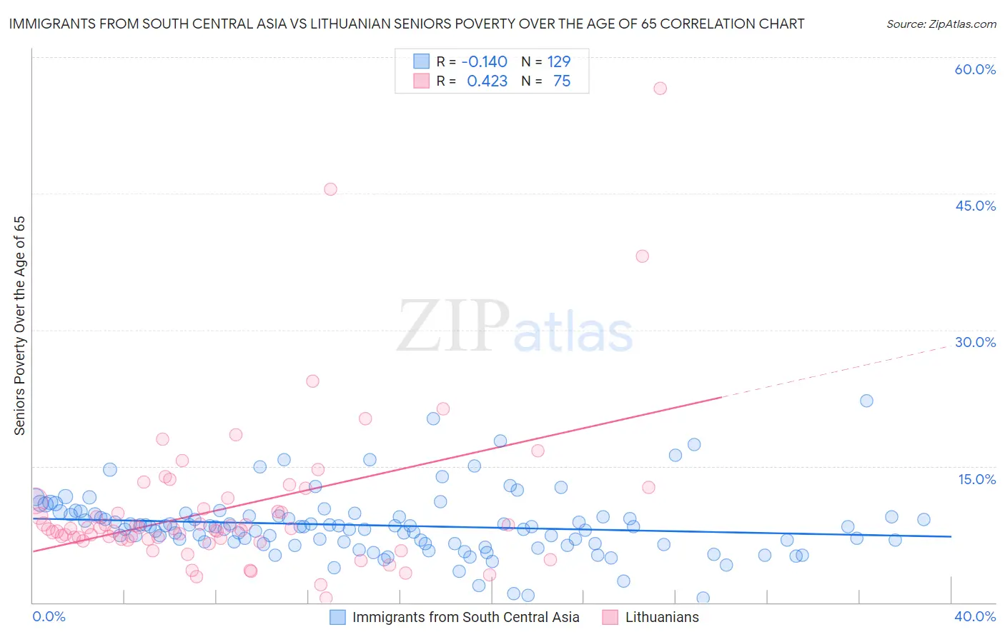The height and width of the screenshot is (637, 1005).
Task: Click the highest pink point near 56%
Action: tap(660, 89)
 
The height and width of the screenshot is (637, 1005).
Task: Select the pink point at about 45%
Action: tap(330, 189)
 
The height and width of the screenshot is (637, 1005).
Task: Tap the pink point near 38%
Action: tap(642, 256)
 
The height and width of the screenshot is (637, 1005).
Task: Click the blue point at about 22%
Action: tap(866, 401)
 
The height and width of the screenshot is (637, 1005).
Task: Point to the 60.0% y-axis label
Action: tap(975, 69)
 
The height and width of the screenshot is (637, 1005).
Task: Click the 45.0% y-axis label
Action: tap(975, 206)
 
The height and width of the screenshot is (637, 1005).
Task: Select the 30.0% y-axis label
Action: tap(975, 342)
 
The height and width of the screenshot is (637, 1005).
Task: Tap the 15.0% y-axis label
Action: tap(976, 479)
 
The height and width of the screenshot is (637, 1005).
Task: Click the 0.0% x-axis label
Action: tap(49, 616)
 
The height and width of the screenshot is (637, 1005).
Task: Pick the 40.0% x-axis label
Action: tap(975, 616)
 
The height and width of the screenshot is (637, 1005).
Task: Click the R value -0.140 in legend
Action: tap(484, 62)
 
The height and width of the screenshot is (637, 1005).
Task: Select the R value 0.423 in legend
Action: tap(487, 81)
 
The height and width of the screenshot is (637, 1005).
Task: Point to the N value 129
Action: tap(558, 62)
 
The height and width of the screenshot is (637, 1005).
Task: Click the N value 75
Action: tap(562, 81)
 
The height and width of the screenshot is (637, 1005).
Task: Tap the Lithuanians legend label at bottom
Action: tap(662, 617)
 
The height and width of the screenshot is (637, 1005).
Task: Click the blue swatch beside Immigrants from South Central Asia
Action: tap(337, 617)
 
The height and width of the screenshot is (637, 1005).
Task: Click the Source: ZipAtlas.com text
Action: tap(941, 24)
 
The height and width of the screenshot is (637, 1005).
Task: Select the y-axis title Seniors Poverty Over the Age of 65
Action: tap(20, 326)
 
